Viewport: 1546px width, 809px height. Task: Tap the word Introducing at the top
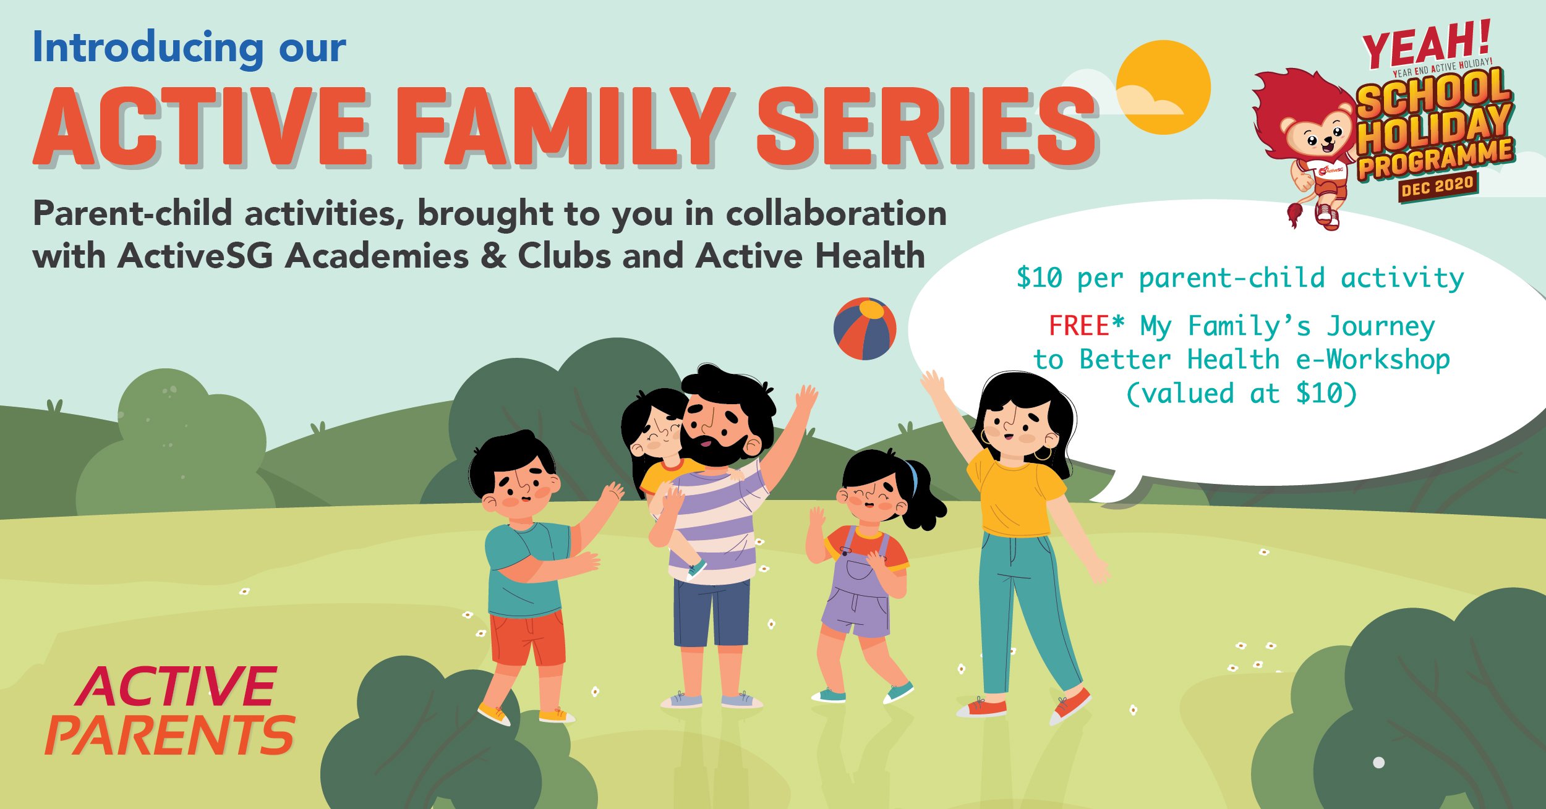(x=147, y=48)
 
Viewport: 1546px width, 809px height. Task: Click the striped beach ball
(x=865, y=329)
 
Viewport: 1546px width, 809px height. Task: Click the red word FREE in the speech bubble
(x=1079, y=326)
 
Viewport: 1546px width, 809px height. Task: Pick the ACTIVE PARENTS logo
(x=170, y=711)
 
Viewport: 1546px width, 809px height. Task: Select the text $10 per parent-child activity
(x=1240, y=278)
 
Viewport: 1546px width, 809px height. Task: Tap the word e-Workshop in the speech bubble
(x=1373, y=360)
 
